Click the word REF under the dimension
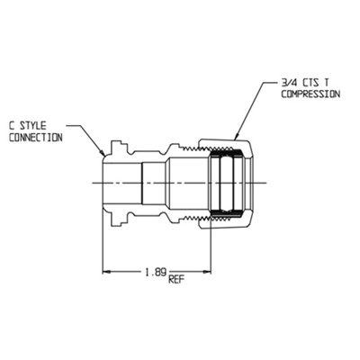click(x=176, y=279)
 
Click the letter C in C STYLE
click(x=12, y=127)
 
